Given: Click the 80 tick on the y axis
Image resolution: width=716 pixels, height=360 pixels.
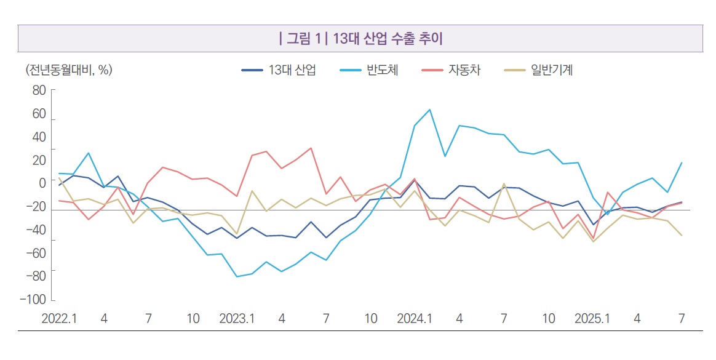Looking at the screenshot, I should tap(39, 90).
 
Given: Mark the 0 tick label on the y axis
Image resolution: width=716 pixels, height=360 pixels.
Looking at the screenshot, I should tap(42, 183).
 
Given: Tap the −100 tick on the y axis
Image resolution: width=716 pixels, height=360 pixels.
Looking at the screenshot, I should tap(33, 299).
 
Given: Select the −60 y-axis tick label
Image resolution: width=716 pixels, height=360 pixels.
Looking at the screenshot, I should tap(36, 253).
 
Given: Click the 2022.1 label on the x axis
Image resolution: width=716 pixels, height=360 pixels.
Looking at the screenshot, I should tap(58, 319).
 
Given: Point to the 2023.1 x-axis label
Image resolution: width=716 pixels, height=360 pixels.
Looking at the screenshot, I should tap(237, 319).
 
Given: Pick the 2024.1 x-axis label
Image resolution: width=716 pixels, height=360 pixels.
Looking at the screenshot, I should tap(415, 319).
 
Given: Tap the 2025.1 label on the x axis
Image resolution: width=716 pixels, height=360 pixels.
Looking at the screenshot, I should tap(592, 319).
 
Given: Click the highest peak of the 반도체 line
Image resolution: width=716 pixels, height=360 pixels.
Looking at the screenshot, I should tap(429, 110).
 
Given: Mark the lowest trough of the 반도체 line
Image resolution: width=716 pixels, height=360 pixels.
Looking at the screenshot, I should tap(237, 277).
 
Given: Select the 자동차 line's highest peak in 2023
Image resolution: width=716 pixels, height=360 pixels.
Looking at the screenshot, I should tap(311, 148).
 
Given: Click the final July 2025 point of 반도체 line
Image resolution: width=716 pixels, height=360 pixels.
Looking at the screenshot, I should tap(682, 162).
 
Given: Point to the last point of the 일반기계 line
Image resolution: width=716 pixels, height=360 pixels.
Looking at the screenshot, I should tap(682, 236).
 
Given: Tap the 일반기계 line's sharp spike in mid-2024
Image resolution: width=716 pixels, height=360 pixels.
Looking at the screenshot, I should tap(504, 183).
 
